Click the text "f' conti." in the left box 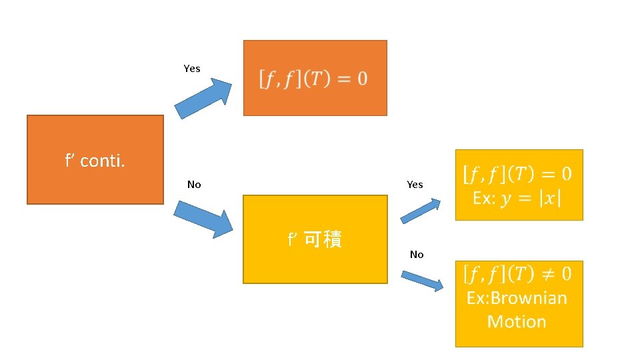pos(95,161)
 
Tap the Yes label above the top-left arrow pos(192,69)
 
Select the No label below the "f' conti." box pos(194,185)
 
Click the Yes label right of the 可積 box pos(415,185)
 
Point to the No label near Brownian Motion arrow pos(417,255)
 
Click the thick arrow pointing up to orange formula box pos(203,99)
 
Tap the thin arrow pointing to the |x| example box pos(421,210)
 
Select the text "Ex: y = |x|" pos(517,199)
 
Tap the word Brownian pos(517,298)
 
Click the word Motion pos(517,321)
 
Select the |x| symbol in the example pos(551,199)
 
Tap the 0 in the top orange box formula pos(361,79)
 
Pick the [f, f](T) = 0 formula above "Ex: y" pos(517,175)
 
